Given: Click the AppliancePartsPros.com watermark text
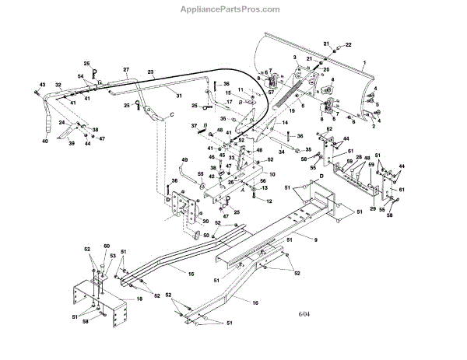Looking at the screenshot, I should (233, 9).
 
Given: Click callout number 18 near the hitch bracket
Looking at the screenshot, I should (139, 299).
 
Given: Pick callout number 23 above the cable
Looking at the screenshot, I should (151, 72).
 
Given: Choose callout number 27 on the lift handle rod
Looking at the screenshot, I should (125, 70).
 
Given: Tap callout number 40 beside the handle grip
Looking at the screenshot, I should (44, 141).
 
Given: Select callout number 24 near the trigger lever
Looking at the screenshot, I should (61, 123).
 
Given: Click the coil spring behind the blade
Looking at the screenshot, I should (295, 93).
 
